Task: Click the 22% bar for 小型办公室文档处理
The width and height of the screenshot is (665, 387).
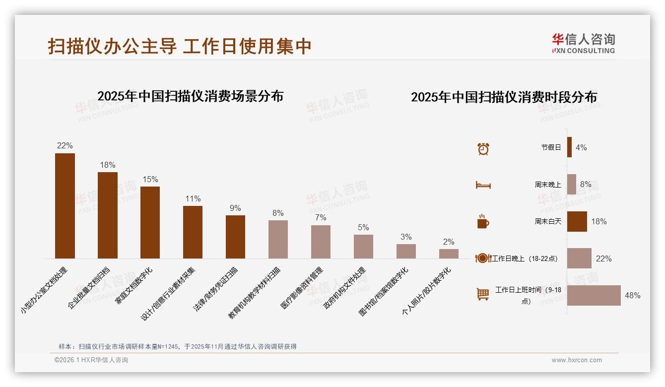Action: pyautogui.click(x=65, y=205)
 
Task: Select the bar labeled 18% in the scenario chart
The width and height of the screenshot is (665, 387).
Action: pyautogui.click(x=108, y=215)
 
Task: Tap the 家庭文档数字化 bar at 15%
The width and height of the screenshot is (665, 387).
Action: pyautogui.click(x=150, y=222)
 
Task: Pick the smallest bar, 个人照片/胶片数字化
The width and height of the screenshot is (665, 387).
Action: pyautogui.click(x=449, y=254)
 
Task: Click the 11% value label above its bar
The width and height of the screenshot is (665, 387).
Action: pyautogui.click(x=193, y=198)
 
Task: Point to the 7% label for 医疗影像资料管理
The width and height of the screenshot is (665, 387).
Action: pyautogui.click(x=321, y=218)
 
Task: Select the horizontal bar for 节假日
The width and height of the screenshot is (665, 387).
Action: pyautogui.click(x=569, y=147)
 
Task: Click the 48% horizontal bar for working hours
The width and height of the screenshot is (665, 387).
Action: pyautogui.click(x=594, y=295)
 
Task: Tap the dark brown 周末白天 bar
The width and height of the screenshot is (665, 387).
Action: pyautogui.click(x=577, y=221)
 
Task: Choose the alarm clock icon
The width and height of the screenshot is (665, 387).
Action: pyautogui.click(x=483, y=148)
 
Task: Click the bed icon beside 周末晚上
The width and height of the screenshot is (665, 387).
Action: pyautogui.click(x=483, y=185)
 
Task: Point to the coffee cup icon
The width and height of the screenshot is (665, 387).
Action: pyautogui.click(x=483, y=221)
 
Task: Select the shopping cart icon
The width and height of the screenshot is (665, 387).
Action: pyautogui.click(x=483, y=294)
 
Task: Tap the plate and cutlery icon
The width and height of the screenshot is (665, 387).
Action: pyautogui.click(x=483, y=258)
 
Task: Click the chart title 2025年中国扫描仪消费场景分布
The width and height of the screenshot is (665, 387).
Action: pyautogui.click(x=190, y=96)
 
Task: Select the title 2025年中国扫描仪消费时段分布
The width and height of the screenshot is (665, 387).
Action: pyautogui.click(x=504, y=97)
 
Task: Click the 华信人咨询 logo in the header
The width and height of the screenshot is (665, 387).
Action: pyautogui.click(x=583, y=43)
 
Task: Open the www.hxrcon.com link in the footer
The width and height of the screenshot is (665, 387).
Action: pyautogui.click(x=577, y=360)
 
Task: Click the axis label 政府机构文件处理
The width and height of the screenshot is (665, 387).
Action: pyautogui.click(x=345, y=288)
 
